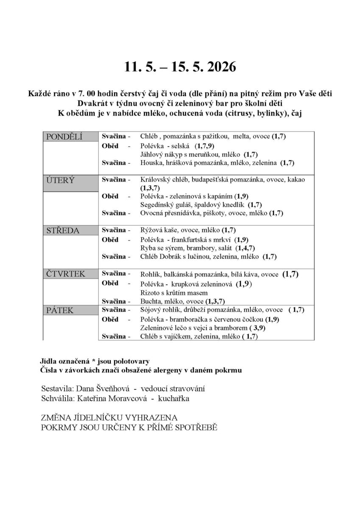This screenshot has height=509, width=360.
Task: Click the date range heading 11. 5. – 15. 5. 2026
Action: [x=180, y=67]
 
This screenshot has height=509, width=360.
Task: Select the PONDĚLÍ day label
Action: [x=64, y=137]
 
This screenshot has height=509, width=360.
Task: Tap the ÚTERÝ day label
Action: [x=60, y=179]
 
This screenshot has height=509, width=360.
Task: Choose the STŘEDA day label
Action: [x=63, y=230]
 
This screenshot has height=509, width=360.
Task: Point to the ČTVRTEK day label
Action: [x=66, y=274]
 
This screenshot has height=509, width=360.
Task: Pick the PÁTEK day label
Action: [x=59, y=310]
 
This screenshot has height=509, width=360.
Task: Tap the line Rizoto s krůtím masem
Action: [x=174, y=293]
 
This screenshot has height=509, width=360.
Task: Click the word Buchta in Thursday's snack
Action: [x=150, y=301]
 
